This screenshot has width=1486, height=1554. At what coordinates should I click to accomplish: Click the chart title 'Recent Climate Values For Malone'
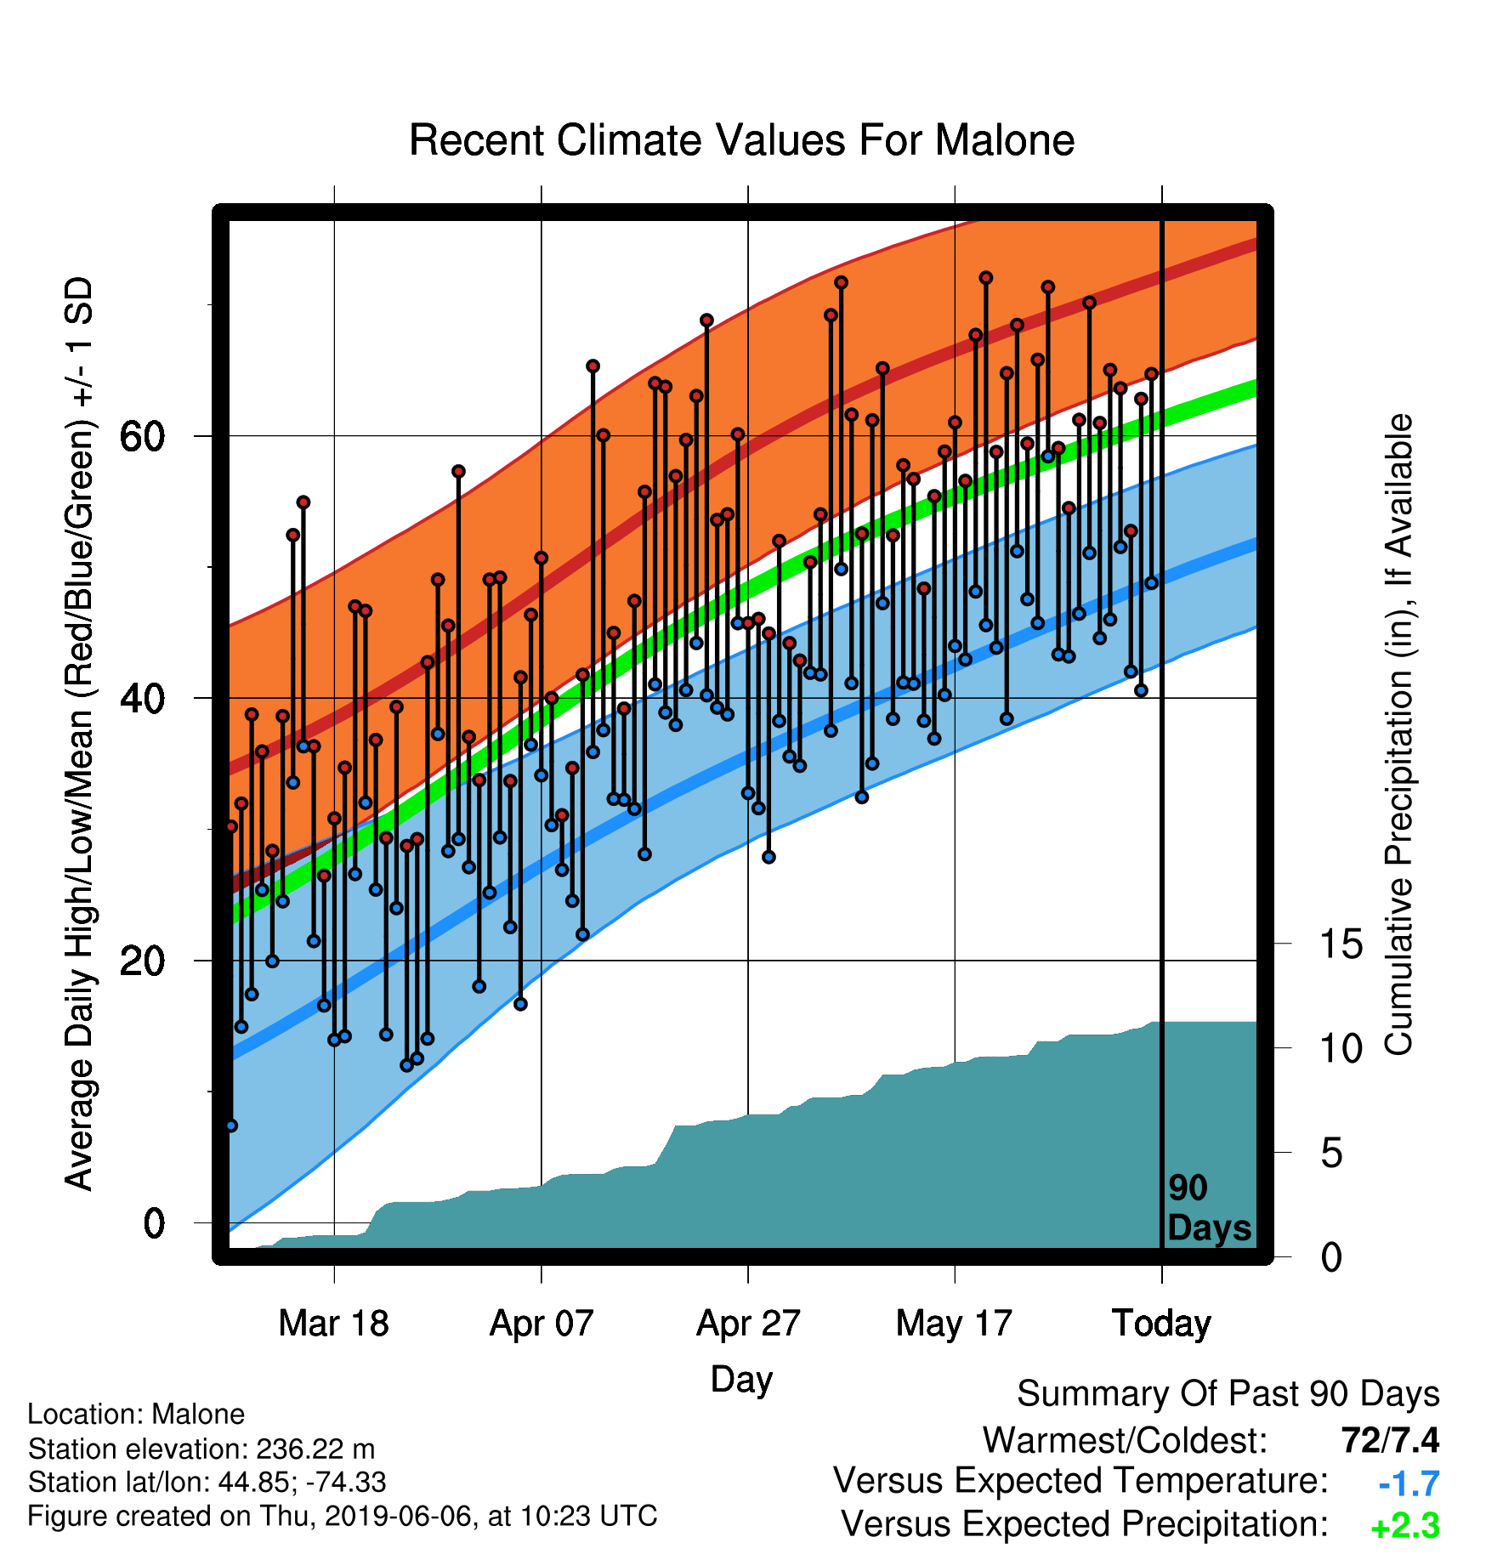pos(741,140)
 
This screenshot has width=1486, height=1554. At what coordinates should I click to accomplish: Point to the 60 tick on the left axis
pos(142,436)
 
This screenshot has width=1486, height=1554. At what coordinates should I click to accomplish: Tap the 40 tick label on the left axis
pos(142,699)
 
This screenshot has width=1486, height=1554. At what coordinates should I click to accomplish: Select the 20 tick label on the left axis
pos(142,961)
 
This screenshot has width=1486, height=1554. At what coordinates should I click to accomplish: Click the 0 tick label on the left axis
pos(154,1224)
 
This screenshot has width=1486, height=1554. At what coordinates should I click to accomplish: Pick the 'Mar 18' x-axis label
pos(334,1324)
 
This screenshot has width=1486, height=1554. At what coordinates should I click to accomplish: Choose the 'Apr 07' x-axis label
pos(542,1324)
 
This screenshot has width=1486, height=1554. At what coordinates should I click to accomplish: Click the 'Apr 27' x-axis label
pos(748,1324)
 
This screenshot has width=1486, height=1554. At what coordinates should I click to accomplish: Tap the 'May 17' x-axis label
pos(955,1324)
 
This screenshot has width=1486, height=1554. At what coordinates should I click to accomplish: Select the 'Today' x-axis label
pos(1162,1324)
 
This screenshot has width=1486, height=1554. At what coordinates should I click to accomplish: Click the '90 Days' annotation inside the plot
pos(1209,1208)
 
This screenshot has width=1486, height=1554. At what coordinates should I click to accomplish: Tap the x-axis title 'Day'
pos(741,1380)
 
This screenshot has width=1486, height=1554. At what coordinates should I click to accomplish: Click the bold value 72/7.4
pos(1390,1440)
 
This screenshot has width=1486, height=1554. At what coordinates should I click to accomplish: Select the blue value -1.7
pos(1409,1483)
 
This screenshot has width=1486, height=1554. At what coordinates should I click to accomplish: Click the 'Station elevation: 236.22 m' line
pos(201,1449)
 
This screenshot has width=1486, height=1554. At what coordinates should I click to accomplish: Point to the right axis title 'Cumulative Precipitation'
pos(1399,735)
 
